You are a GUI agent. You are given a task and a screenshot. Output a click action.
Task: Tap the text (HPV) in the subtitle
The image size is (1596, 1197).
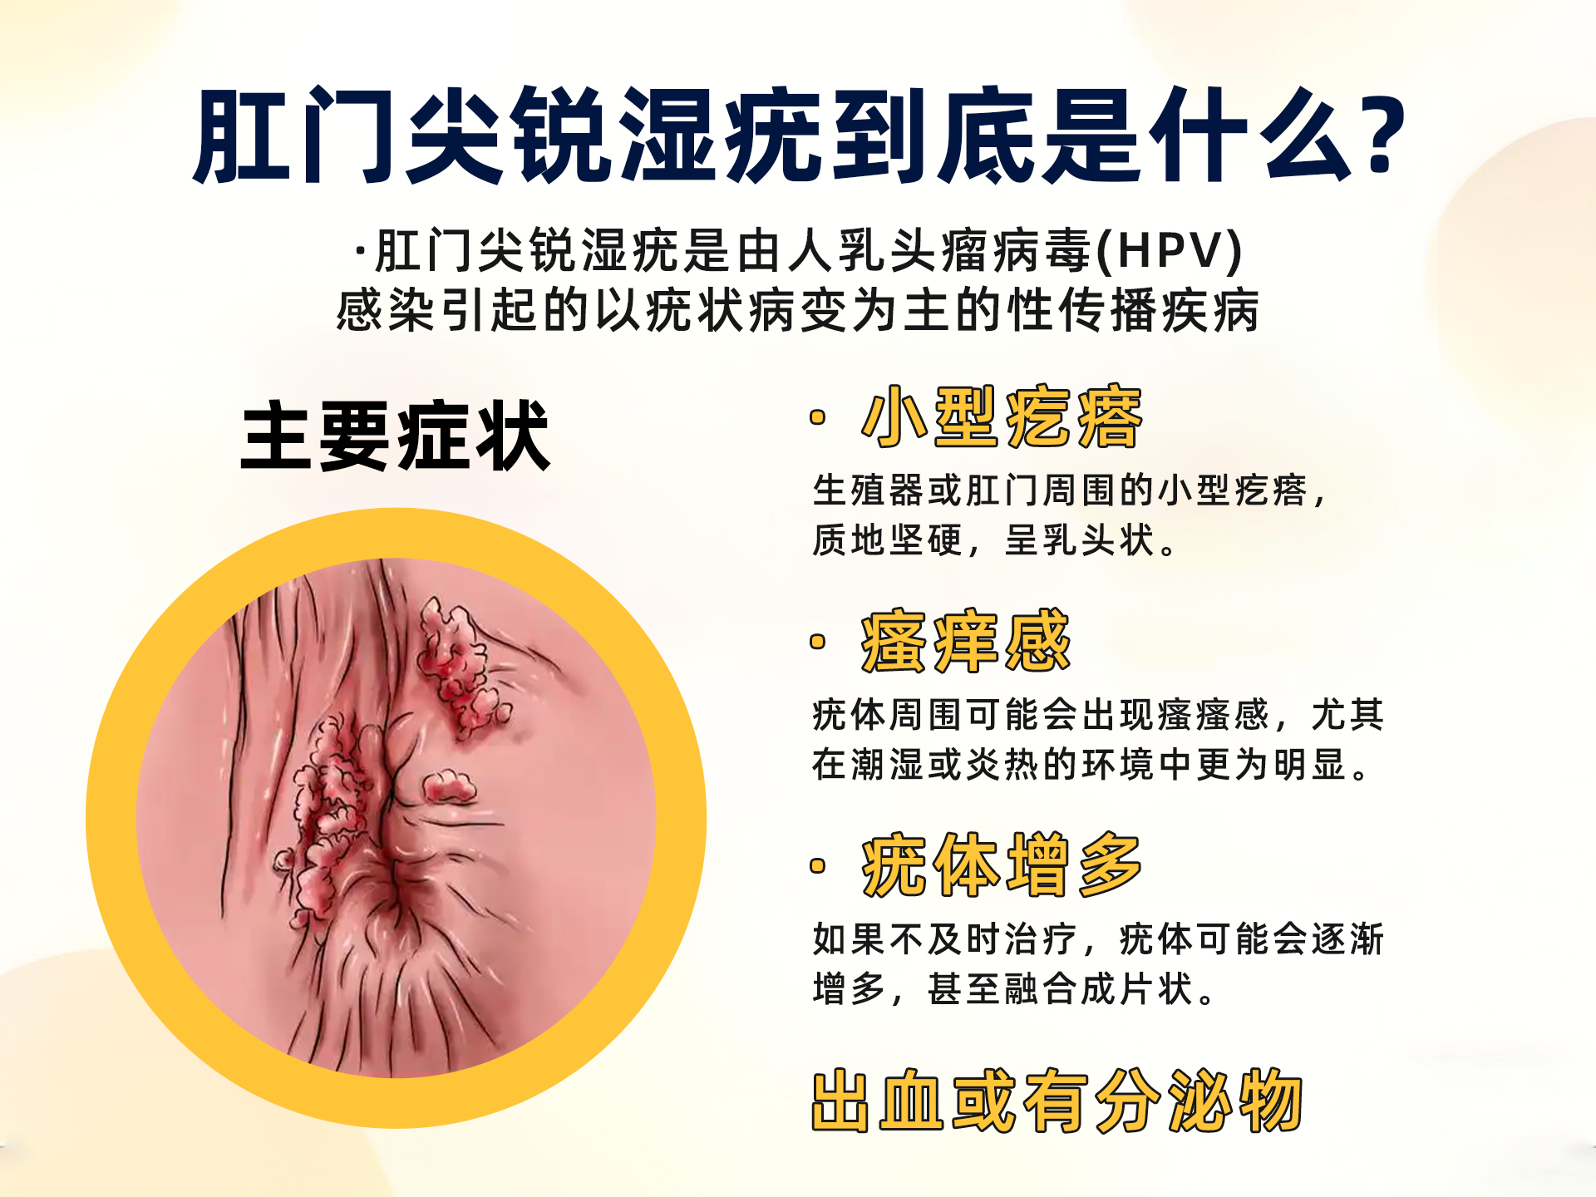(1170, 250)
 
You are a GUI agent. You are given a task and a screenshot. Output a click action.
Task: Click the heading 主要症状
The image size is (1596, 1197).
(396, 436)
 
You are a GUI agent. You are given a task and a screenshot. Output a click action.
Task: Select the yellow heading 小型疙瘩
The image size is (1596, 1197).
(1002, 417)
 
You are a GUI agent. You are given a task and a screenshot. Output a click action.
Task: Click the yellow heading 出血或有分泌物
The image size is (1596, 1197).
(1057, 1101)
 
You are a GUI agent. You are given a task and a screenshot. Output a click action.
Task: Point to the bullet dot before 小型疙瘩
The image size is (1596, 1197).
(818, 417)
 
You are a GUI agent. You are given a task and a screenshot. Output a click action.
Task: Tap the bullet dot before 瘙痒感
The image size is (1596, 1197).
(818, 641)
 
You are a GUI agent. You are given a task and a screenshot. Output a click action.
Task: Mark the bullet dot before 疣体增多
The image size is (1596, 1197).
(818, 866)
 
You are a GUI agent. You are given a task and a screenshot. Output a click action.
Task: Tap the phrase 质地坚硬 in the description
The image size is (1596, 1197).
(887, 540)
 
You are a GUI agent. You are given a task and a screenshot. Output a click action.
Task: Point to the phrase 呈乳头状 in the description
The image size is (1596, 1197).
(1081, 540)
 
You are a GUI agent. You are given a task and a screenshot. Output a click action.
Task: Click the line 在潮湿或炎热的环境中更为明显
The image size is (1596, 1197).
(1089, 765)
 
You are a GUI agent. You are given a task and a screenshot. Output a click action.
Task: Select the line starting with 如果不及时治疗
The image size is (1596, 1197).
(1097, 939)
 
